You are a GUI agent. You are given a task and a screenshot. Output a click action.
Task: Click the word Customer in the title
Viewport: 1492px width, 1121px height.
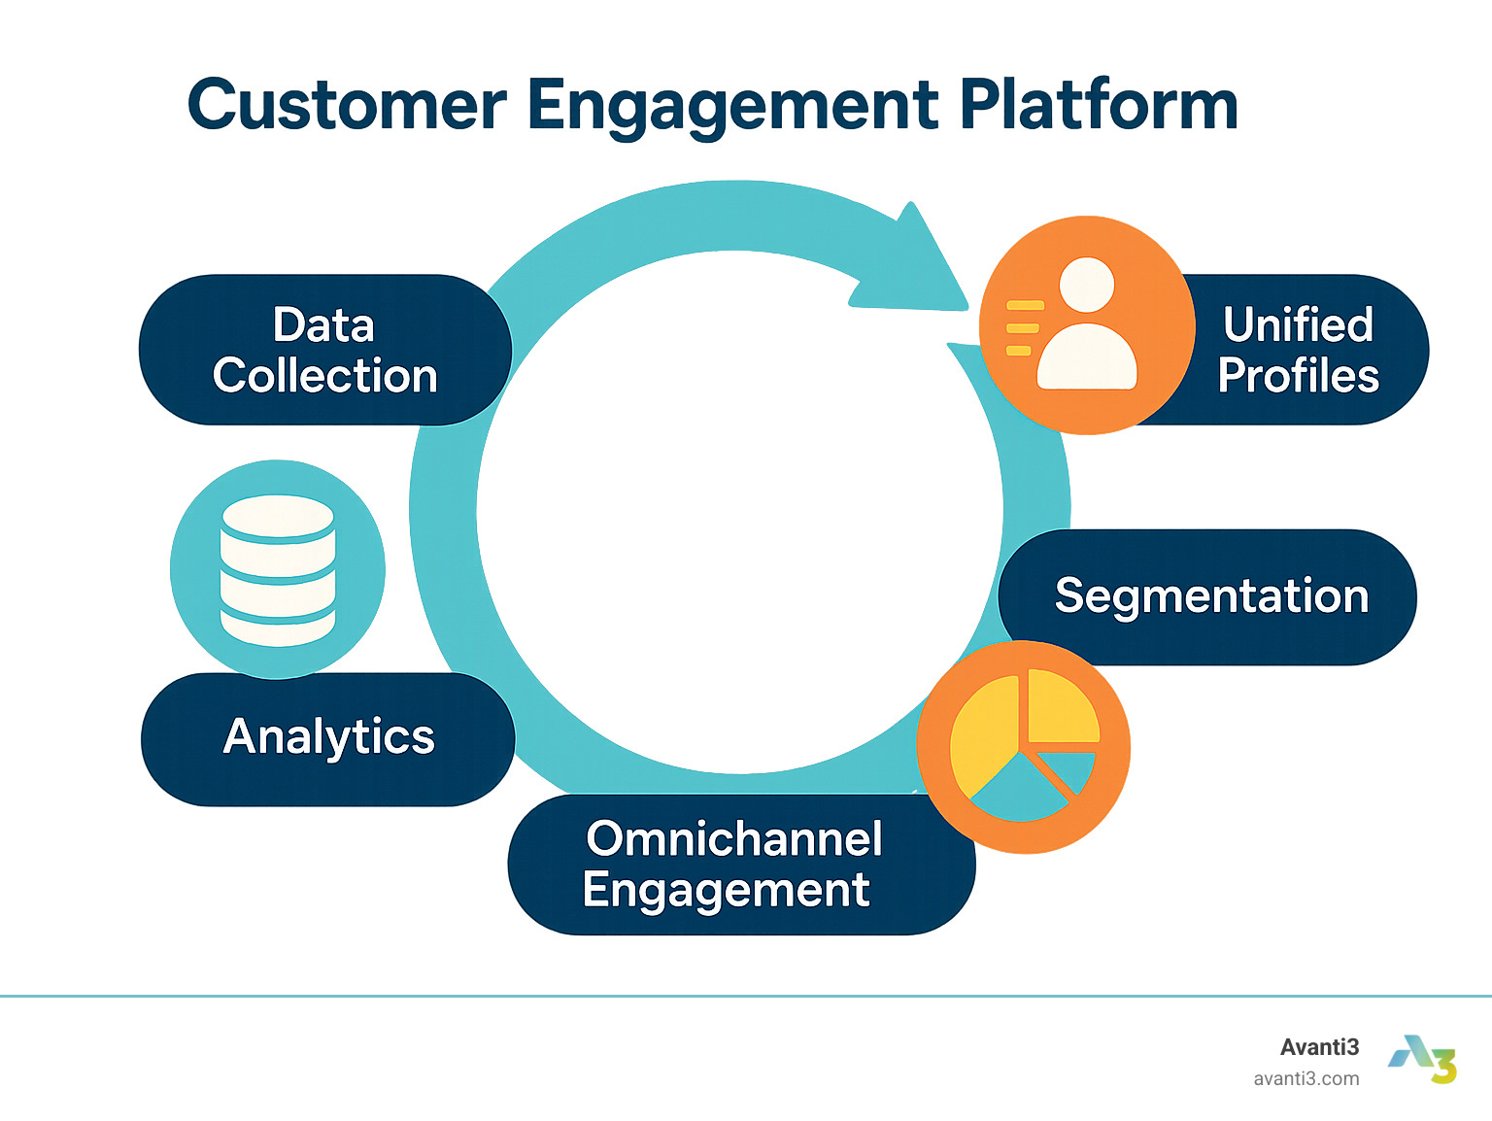[x=346, y=105]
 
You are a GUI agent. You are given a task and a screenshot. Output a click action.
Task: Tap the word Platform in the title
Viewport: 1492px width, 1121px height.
[x=1098, y=105]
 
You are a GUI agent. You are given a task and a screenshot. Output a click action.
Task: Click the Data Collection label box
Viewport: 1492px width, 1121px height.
[x=324, y=350]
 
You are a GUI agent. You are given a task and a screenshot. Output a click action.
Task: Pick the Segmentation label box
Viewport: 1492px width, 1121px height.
[x=1210, y=596]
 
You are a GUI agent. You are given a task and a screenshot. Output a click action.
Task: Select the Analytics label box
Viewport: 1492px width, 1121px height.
[x=328, y=738]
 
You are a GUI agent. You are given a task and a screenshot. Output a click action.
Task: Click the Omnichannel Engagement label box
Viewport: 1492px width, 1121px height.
[x=734, y=865]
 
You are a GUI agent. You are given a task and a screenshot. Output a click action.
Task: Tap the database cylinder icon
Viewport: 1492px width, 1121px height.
[x=278, y=570]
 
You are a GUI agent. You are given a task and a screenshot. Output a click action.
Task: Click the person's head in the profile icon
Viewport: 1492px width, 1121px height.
[x=1087, y=285]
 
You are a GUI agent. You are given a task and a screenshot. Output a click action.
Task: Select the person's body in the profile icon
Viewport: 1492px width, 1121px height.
[x=1087, y=357]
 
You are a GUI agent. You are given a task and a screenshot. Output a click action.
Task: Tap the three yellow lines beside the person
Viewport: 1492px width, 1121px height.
[x=1022, y=328]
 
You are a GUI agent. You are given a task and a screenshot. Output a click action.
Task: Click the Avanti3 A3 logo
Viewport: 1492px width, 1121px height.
[x=1423, y=1059]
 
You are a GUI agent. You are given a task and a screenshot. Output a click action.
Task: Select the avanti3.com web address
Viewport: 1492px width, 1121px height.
[x=1305, y=1078]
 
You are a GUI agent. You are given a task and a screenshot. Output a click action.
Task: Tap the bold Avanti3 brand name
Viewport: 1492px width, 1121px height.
[x=1319, y=1047]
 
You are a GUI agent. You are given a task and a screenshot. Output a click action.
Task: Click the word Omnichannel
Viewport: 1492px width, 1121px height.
[x=734, y=838]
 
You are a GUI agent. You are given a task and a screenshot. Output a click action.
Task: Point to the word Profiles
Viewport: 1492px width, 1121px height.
[x=1298, y=376]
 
